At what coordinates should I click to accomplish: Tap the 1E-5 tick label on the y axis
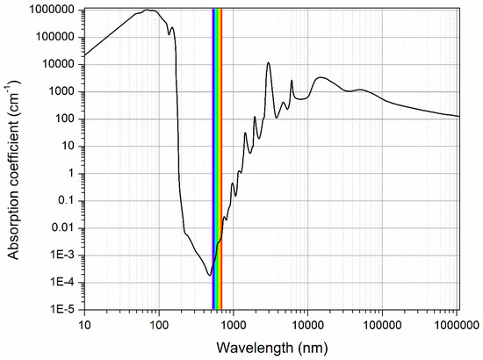coord(65,310)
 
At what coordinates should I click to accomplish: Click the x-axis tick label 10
coord(84,324)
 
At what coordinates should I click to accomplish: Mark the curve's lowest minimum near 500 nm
coord(209,275)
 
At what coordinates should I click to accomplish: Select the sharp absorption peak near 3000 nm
coord(268,63)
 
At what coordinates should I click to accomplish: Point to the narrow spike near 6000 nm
coord(292,81)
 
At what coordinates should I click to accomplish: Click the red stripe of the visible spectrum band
coord(220,158)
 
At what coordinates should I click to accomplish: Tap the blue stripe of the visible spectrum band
coord(213,158)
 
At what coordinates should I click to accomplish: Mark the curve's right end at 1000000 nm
coord(458,116)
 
